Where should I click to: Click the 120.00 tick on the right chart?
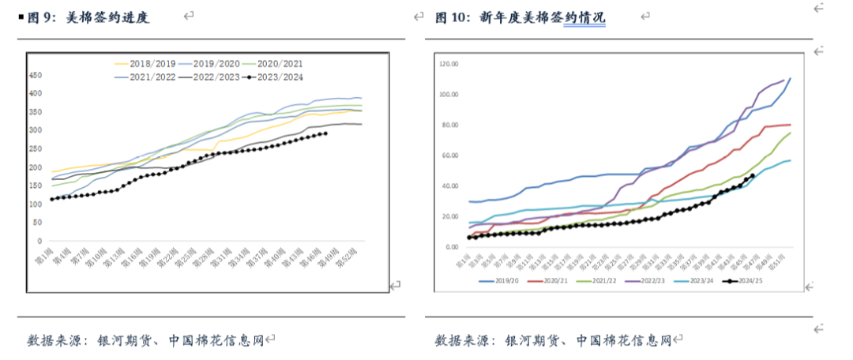click(x=449, y=63)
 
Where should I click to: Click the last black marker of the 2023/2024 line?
click(x=326, y=133)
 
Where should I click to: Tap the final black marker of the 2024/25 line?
click(x=752, y=176)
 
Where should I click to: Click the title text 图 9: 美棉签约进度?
click(x=88, y=17)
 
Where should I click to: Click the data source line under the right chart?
click(x=552, y=340)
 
